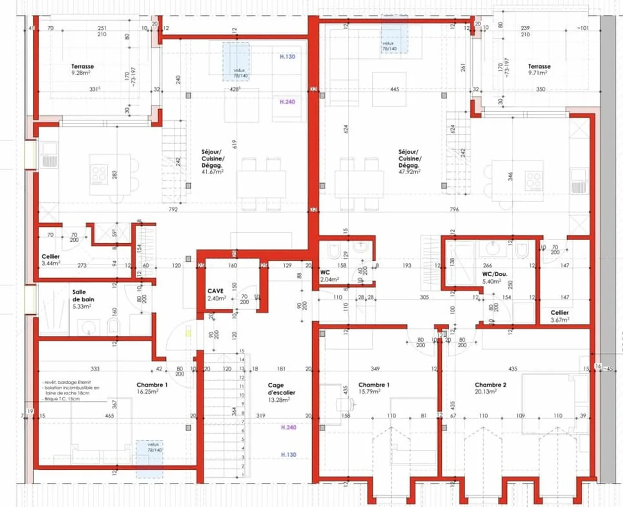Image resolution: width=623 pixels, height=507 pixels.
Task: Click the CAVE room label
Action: coord(216,294)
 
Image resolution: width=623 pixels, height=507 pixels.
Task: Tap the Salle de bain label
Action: coord(83,299)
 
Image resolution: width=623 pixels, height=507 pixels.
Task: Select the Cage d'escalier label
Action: coord(281,392)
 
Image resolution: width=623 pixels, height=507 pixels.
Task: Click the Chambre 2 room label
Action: coord(490,388)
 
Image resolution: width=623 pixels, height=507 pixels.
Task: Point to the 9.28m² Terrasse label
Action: coord(82,69)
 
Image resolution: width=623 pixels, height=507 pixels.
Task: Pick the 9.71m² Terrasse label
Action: coord(539,69)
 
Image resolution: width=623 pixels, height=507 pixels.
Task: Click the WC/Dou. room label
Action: coord(495,278)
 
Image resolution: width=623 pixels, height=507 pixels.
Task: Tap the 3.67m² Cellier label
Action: coord(560,316)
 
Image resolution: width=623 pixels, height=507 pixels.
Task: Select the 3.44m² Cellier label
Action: coord(51,260)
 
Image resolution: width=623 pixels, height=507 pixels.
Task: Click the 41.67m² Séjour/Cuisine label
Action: coord(212,161)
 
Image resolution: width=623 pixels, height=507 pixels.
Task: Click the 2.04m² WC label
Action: coord(329,276)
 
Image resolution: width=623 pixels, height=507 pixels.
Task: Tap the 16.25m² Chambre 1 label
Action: coord(151,388)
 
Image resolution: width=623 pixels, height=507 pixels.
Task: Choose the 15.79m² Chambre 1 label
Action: coord(374,388)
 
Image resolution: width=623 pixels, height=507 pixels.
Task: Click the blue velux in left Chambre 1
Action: coord(150,459)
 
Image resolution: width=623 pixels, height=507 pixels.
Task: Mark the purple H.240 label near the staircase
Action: coord(289,427)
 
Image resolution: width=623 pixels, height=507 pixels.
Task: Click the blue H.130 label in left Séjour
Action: coord(287,57)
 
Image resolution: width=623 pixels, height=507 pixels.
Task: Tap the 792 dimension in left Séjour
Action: coord(173,210)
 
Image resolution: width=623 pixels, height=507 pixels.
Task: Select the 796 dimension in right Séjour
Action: coord(454,210)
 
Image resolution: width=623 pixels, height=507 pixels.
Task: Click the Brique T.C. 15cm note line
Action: coord(62,399)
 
